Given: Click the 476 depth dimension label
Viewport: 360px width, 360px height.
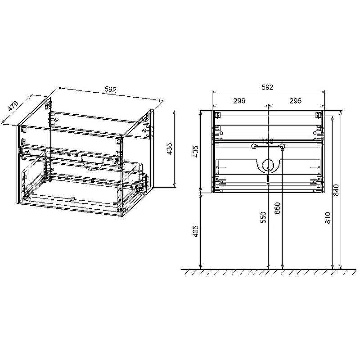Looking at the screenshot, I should pos(13,107).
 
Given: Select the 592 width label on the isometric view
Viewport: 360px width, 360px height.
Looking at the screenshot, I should pos(110,90).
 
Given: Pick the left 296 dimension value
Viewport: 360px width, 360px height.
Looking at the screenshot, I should pos(239,101).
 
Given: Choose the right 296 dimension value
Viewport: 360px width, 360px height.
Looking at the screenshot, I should pos(295,101).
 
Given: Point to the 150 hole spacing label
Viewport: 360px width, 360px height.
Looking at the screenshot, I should pos(268,141).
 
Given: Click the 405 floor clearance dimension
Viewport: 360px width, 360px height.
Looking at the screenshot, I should pos(195,231).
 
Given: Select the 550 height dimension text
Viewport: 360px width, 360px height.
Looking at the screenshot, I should pos(264,217).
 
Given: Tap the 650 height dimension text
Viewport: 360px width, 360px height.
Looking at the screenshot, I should pos(278,208).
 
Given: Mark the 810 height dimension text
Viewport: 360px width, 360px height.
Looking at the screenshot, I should pos(328,218).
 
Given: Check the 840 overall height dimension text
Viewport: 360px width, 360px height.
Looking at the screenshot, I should pos(336,190).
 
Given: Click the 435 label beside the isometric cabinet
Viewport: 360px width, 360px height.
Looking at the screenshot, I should pos(169,148).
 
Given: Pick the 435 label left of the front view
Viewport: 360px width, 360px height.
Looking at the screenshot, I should pos(195,151).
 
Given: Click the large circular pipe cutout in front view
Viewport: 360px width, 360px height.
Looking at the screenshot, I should pos(268,166).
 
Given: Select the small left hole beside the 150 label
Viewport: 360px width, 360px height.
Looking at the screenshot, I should pos(254,146).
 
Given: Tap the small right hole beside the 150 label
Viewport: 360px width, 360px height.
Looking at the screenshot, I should pos(283,146).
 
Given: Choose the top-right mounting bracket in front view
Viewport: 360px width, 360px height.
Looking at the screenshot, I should pos(319,114).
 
